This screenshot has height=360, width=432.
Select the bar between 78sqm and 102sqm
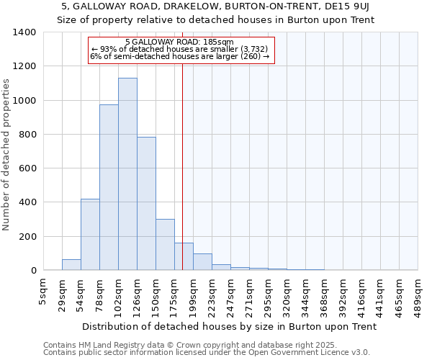109,187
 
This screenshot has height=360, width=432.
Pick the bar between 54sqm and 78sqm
90,234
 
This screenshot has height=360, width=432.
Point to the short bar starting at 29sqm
71,265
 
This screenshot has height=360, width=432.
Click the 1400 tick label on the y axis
24,32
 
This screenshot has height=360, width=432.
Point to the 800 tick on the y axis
27,135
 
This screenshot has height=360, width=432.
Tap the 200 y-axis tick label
27,237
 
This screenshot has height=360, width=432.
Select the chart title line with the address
215,6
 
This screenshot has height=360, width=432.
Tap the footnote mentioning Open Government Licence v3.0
207,353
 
